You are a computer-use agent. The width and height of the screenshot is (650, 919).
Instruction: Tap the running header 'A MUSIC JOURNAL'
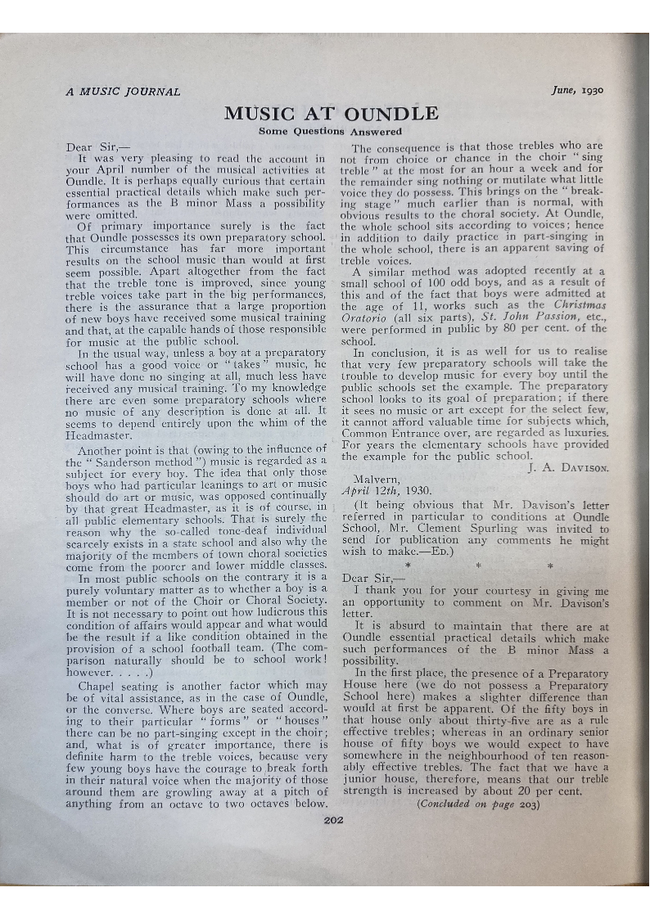point(123,92)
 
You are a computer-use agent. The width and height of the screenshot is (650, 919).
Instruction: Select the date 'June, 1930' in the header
point(577,91)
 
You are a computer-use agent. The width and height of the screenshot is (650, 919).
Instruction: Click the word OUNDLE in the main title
point(391,114)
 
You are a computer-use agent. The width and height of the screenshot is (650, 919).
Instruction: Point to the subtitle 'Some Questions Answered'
point(330,131)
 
